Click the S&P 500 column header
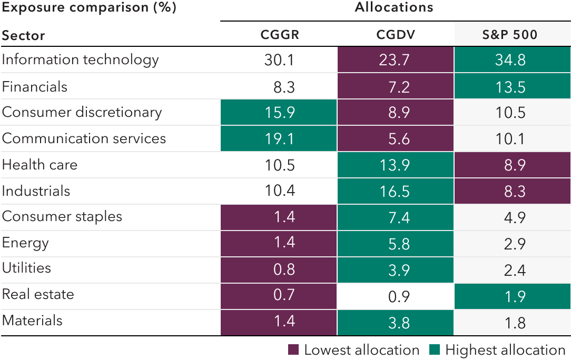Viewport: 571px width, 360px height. click(510, 35)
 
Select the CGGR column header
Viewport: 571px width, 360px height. click(279, 35)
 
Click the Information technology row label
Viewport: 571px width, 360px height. click(80, 60)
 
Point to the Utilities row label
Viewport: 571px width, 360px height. click(26, 268)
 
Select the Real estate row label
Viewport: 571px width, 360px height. click(38, 294)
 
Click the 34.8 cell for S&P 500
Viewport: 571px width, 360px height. click(511, 60)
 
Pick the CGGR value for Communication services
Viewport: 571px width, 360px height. click(279, 138)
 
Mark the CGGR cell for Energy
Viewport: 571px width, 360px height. click(279, 243)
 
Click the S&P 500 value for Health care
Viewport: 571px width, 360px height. click(511, 165)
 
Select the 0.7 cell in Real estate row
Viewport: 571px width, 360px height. click(279, 295)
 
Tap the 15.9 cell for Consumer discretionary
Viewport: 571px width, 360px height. click(279, 113)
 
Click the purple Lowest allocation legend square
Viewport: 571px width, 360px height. click(294, 350)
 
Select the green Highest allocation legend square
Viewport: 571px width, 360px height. click(435, 350)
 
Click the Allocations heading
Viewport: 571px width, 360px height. click(393, 7)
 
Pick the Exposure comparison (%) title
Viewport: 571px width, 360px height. click(88, 8)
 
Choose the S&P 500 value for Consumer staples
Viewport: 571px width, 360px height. click(511, 217)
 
